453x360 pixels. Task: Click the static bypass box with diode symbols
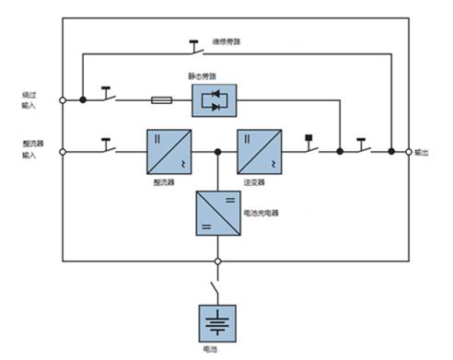click(x=214, y=99)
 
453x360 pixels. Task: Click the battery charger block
click(x=217, y=213)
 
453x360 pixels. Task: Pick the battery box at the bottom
click(x=217, y=323)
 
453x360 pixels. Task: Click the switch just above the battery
click(x=217, y=286)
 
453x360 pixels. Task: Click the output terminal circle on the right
click(x=408, y=152)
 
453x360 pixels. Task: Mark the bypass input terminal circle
click(x=62, y=99)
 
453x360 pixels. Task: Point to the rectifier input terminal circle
click(x=62, y=152)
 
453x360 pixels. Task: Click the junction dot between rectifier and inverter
click(x=217, y=152)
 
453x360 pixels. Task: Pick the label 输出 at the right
click(x=422, y=152)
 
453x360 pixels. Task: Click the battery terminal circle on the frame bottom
click(x=217, y=261)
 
